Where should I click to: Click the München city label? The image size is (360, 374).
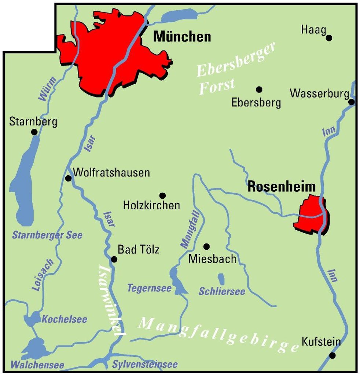182,37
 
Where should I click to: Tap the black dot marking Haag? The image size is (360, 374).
329,37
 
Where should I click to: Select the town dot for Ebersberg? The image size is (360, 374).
259,89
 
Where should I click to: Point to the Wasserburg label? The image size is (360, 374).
319,93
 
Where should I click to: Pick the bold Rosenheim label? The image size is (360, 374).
282,187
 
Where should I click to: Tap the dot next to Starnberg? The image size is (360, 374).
34,132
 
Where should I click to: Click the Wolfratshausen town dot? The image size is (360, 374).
68,178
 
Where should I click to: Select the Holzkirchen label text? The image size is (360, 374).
152,205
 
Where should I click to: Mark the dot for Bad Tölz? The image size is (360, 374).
114,259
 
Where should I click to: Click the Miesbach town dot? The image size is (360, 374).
206,246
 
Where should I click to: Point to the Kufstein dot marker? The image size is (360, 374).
333,355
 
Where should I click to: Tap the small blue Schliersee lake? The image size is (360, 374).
221,279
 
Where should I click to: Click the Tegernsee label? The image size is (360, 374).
149,288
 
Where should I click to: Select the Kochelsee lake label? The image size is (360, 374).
65,319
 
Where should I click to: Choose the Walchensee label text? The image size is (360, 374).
37,365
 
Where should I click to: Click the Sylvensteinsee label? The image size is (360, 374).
145,364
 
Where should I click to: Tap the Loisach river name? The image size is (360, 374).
43,275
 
